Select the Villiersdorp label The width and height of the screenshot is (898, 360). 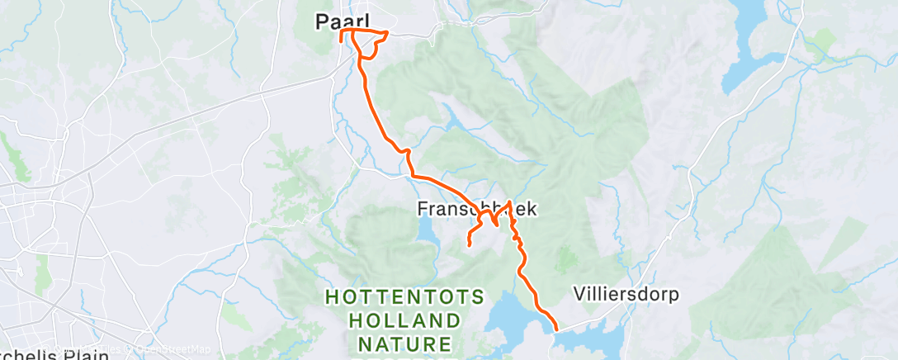coord(626,294)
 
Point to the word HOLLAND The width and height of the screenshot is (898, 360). coord(404,320)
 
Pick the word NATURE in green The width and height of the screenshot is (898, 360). coord(404,342)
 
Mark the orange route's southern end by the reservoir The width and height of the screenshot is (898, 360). coord(555,329)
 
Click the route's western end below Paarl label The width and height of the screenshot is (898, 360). coord(341,40)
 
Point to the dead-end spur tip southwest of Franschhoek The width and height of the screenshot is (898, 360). coord(469,245)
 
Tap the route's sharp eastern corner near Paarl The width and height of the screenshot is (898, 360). coord(388,33)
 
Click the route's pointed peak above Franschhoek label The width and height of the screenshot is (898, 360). coord(511,201)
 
